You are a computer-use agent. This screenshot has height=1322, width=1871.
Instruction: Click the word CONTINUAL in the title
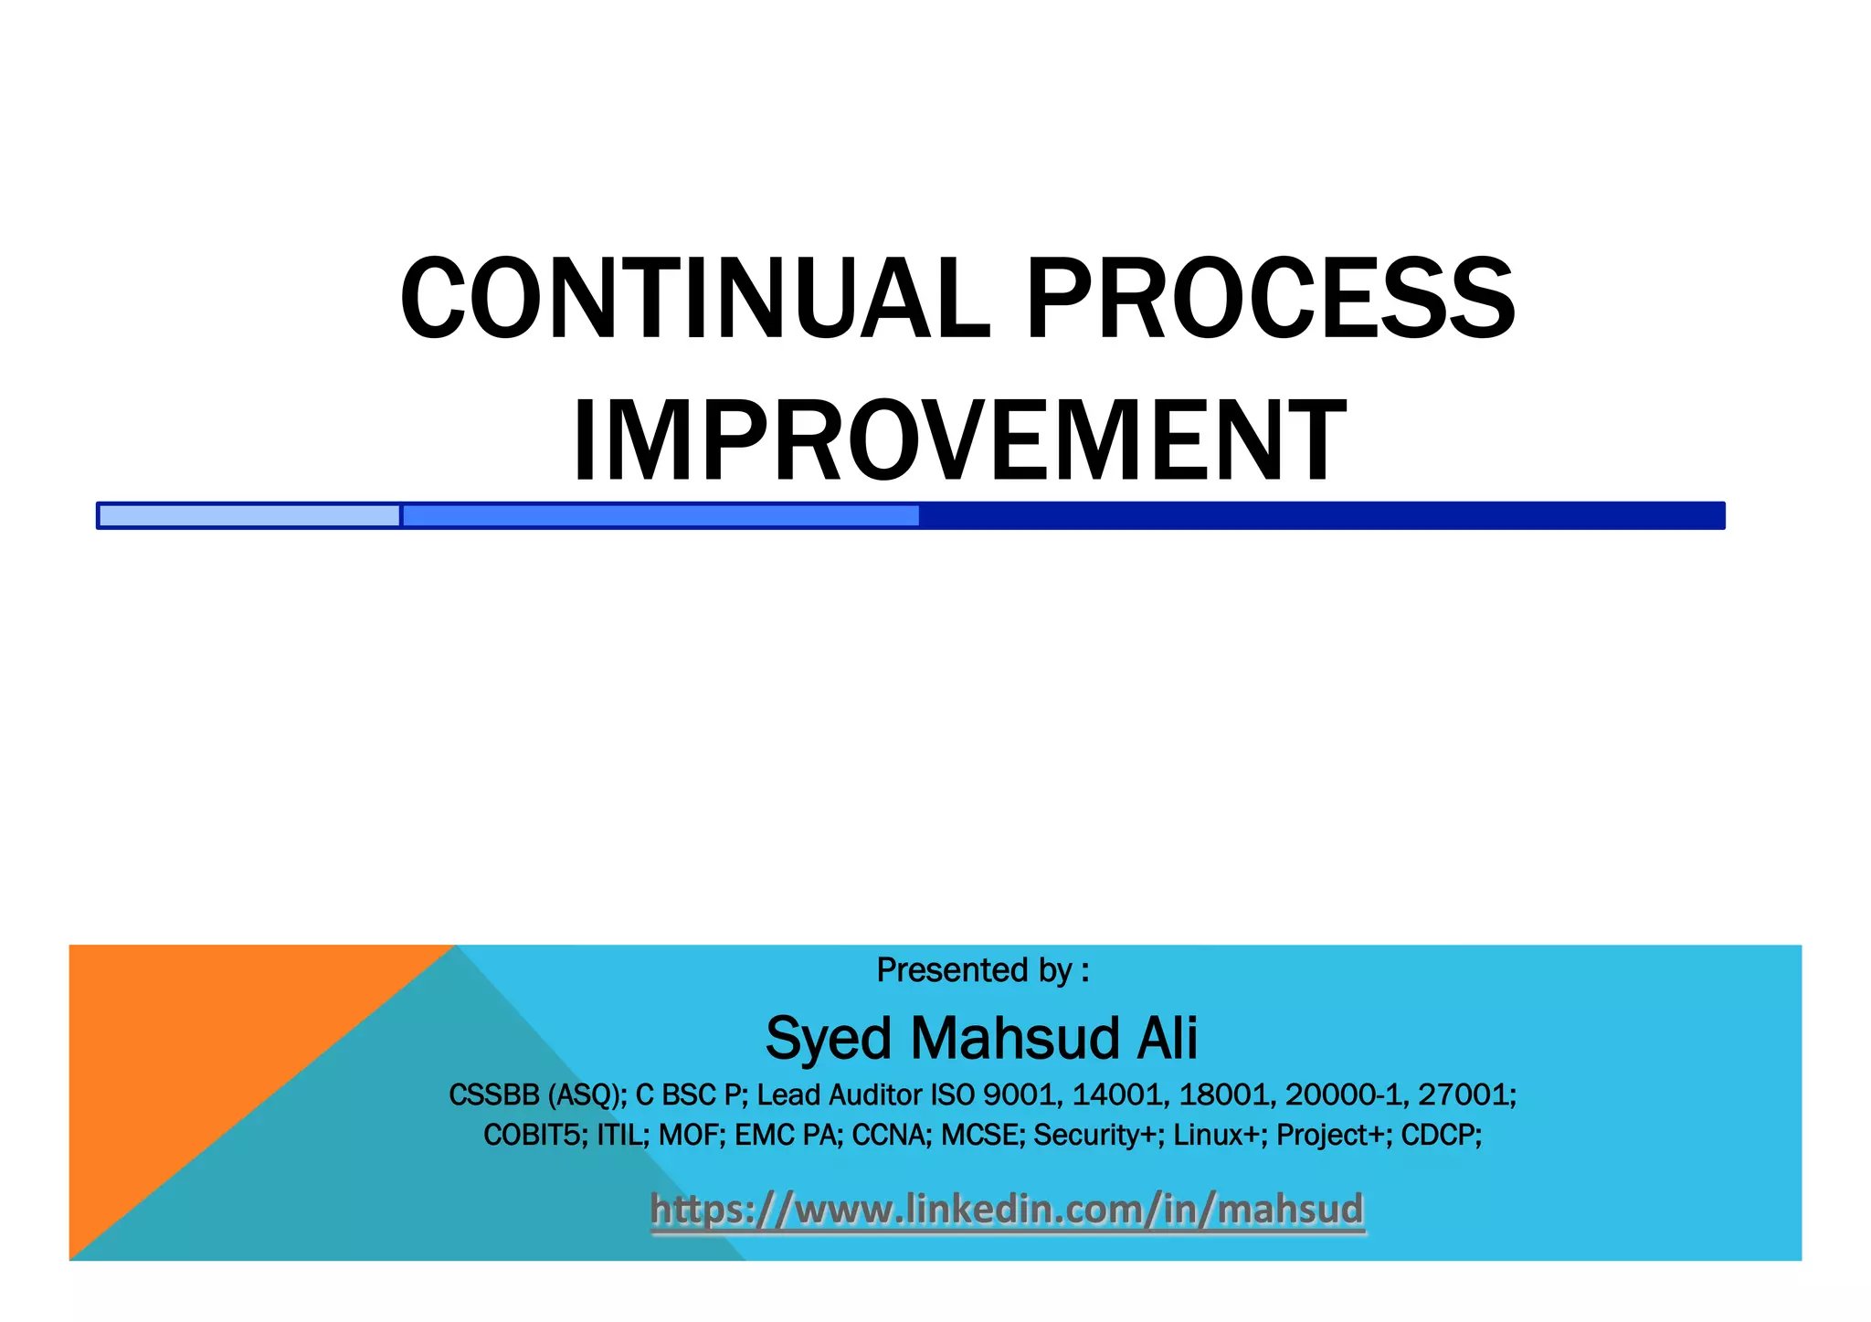[694, 299]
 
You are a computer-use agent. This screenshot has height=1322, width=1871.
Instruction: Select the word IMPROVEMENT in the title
[958, 440]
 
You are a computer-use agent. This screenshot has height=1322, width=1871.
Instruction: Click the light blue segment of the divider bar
[248, 515]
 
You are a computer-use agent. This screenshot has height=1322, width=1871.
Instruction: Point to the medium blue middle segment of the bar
[660, 515]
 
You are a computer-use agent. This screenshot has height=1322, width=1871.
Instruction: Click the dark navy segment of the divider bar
[1320, 515]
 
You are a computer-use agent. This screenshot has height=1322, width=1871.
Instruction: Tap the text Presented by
[981, 969]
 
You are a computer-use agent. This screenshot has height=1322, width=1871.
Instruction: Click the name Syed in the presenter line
[827, 1039]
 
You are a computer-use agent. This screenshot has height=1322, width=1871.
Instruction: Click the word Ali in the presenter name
[1166, 1039]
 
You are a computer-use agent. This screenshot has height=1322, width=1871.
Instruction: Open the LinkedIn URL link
[1007, 1209]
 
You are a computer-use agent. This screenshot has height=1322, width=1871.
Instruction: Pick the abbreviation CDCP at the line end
[1440, 1135]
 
